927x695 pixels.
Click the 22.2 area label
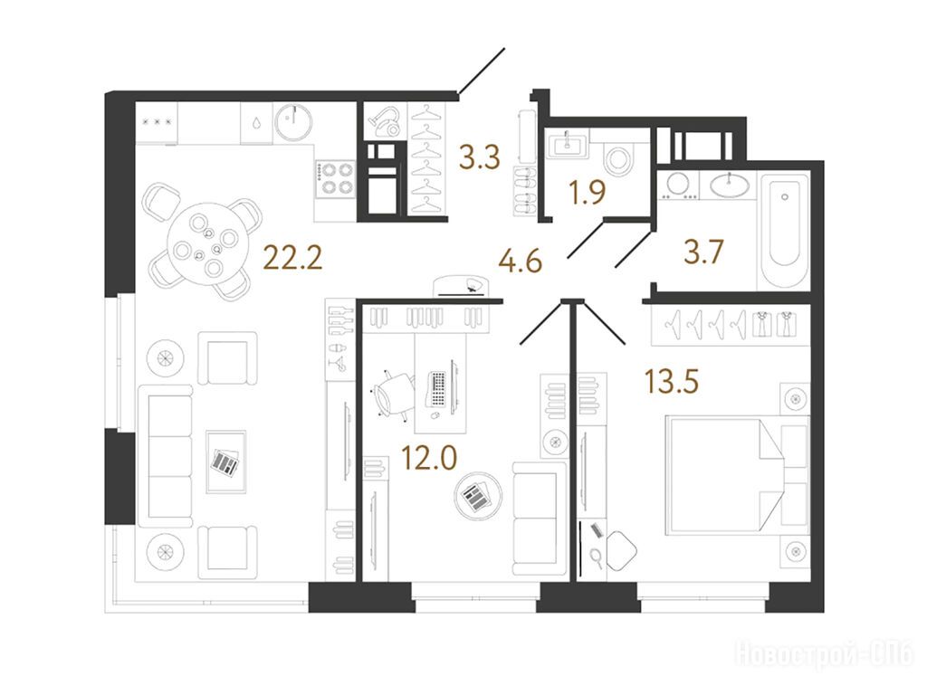(292, 258)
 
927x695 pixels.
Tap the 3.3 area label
(480, 158)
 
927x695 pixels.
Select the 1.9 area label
(587, 193)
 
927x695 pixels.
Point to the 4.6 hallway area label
(521, 262)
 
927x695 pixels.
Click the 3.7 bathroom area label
(703, 252)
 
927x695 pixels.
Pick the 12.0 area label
(428, 457)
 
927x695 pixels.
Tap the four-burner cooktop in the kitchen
(334, 179)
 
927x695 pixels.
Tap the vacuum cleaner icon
(384, 120)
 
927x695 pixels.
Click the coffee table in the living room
(225, 462)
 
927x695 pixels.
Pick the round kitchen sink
(292, 122)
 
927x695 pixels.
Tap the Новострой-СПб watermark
(824, 655)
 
